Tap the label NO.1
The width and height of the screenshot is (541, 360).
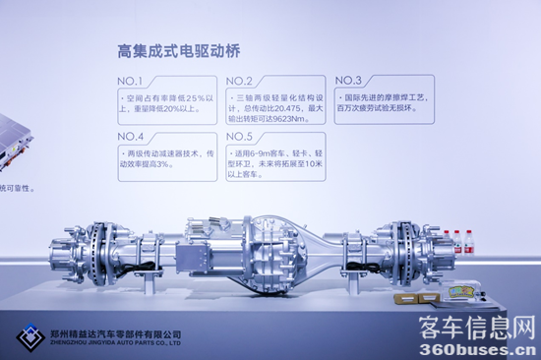click(131, 81)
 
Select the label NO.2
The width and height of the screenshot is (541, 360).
click(240, 81)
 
